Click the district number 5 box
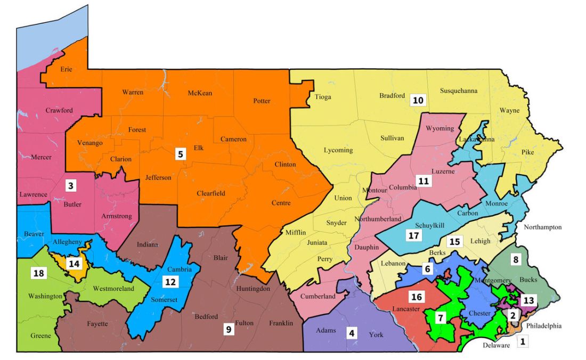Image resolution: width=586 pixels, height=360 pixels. point(181,154)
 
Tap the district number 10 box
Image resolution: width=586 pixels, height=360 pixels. point(418,100)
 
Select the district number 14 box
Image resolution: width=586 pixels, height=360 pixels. point(74,263)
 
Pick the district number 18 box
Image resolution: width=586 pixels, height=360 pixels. point(39,273)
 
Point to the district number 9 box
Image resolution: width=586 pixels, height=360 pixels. point(229,329)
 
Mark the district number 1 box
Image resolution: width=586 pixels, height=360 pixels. point(523,341)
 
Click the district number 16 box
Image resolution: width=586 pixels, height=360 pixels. point(416,296)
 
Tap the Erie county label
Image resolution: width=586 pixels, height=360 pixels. point(66,69)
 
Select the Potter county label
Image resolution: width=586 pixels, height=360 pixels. point(262,101)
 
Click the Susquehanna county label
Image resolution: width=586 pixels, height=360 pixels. point(459,91)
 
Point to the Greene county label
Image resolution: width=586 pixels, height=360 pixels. point(41,336)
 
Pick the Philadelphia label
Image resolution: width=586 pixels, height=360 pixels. point(543,326)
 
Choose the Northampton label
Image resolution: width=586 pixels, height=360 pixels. point(542,227)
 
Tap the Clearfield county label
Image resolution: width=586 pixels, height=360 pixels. point(211,193)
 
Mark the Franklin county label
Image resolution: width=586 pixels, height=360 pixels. point(281,323)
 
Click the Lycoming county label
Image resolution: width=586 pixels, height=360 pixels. point(338,150)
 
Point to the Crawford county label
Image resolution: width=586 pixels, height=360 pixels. point(59,111)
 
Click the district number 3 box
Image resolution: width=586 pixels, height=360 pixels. point(71,186)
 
